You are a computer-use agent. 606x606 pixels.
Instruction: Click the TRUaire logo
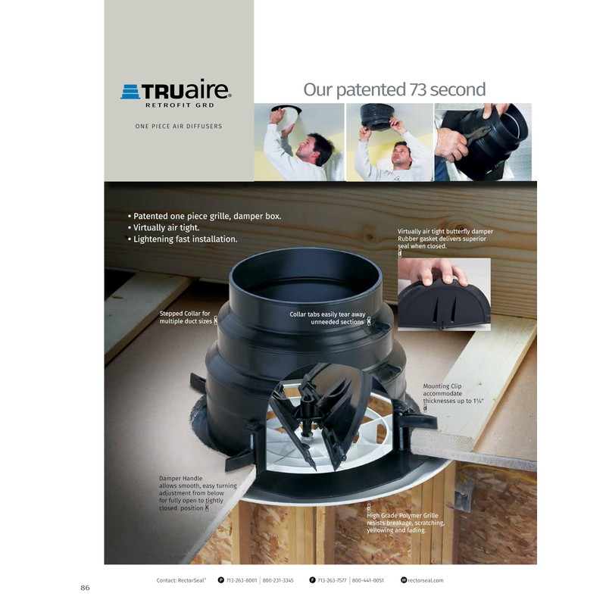click(176, 92)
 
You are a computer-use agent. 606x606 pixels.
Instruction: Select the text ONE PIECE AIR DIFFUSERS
click(179, 127)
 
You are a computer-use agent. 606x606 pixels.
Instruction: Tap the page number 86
click(86, 587)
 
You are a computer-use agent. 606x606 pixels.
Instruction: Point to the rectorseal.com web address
click(425, 580)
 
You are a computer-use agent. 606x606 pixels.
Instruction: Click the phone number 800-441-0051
click(369, 580)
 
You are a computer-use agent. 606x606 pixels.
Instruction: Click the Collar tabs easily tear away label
click(327, 317)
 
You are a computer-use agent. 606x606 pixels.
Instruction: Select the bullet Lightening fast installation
click(183, 239)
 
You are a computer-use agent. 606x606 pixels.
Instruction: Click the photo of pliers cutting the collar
click(483, 142)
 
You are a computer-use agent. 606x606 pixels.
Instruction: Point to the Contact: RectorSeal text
click(185, 580)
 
